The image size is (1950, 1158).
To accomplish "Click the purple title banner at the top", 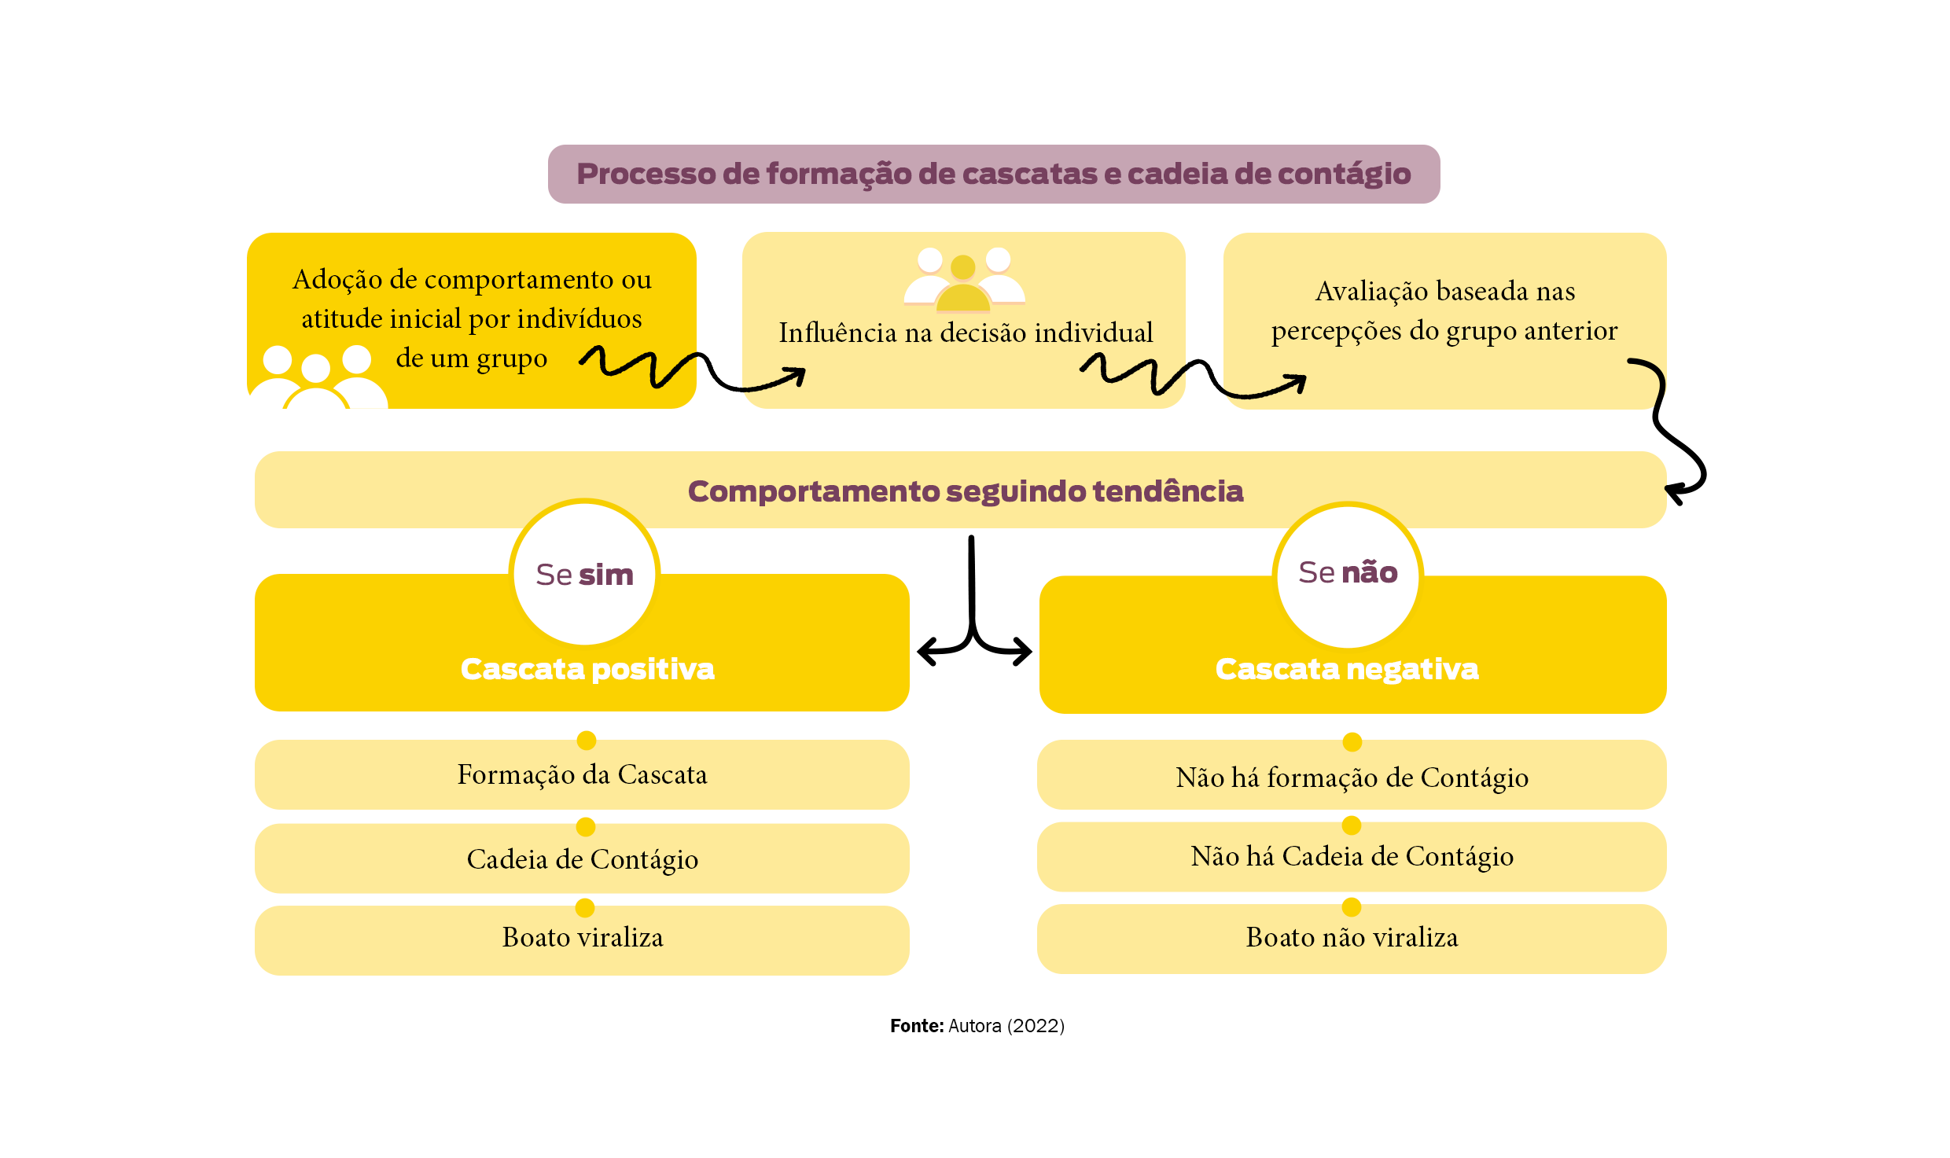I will (x=993, y=174).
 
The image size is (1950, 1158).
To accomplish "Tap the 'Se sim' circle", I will (x=584, y=575).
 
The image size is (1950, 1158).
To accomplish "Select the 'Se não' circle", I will (x=1348, y=573).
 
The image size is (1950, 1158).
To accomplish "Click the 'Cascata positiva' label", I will (x=587, y=669).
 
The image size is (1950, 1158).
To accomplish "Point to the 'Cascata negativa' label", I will (x=1347, y=669).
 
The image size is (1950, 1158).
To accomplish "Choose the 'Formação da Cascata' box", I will (x=582, y=775).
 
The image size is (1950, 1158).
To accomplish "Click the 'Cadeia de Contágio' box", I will (x=582, y=859).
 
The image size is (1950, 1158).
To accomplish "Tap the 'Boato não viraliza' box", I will (x=1352, y=938).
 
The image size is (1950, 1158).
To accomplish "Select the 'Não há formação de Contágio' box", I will (x=1352, y=778).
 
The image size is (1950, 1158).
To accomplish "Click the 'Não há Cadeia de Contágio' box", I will (x=1352, y=856).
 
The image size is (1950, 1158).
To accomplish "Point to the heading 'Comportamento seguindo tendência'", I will (x=965, y=491).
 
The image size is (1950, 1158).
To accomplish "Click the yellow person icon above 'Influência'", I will (x=963, y=287).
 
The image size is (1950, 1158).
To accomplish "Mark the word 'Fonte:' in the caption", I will (x=916, y=1026).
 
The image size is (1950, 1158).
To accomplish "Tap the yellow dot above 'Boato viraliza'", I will (x=584, y=908).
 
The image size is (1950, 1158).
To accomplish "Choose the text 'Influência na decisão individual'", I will (x=966, y=333).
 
